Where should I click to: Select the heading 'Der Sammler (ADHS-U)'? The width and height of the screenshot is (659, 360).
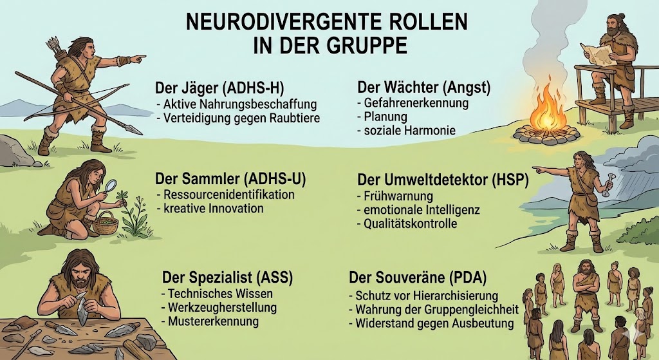tap(230, 178)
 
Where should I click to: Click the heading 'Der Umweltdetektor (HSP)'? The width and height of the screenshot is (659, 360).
tap(442, 179)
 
